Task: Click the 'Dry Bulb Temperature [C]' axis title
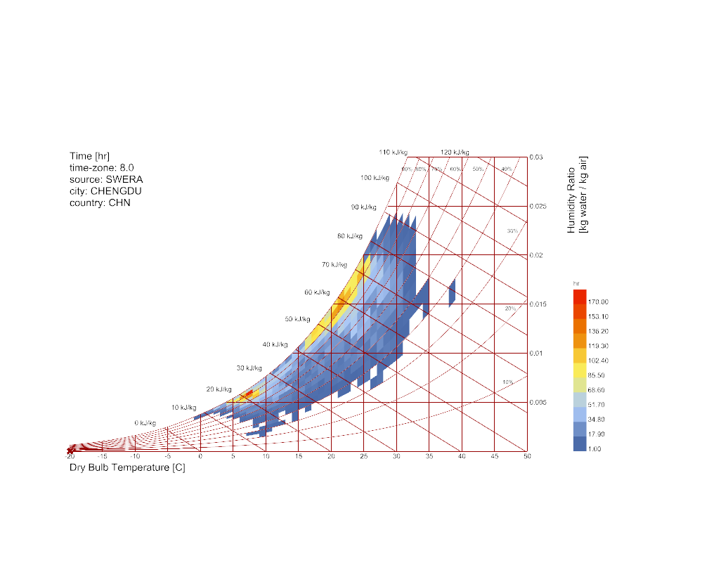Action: (x=127, y=468)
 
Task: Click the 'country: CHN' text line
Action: (x=100, y=203)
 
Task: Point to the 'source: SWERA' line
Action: (x=106, y=179)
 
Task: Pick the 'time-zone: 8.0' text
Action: (x=101, y=167)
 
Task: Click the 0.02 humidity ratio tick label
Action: (x=536, y=255)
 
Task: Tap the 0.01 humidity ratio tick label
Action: (x=536, y=354)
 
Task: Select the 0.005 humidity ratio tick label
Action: (x=538, y=403)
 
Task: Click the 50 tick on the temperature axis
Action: (x=527, y=457)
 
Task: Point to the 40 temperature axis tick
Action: (x=462, y=457)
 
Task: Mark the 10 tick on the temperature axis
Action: (x=266, y=457)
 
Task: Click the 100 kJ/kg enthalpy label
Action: (x=375, y=178)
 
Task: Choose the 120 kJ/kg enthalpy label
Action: (x=455, y=152)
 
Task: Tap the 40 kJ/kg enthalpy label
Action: (x=275, y=345)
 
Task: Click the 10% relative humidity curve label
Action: (x=507, y=382)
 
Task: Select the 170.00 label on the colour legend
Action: (x=599, y=302)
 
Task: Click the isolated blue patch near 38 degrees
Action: (x=452, y=292)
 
